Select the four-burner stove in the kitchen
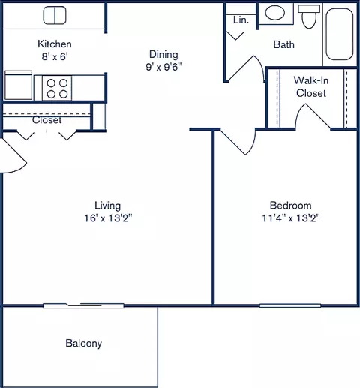pyautogui.click(x=58, y=88)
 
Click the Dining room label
pyautogui.click(x=163, y=54)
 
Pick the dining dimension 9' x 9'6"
pyautogui.click(x=163, y=66)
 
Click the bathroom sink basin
pyautogui.click(x=276, y=13)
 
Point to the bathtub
pyautogui.click(x=341, y=35)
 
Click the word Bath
pyautogui.click(x=283, y=44)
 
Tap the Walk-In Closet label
pyautogui.click(x=310, y=86)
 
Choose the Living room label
pyautogui.click(x=107, y=206)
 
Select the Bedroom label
pyautogui.click(x=290, y=206)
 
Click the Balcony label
pyautogui.click(x=83, y=344)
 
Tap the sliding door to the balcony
pyautogui.click(x=83, y=305)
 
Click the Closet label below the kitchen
pyautogui.click(x=46, y=120)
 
